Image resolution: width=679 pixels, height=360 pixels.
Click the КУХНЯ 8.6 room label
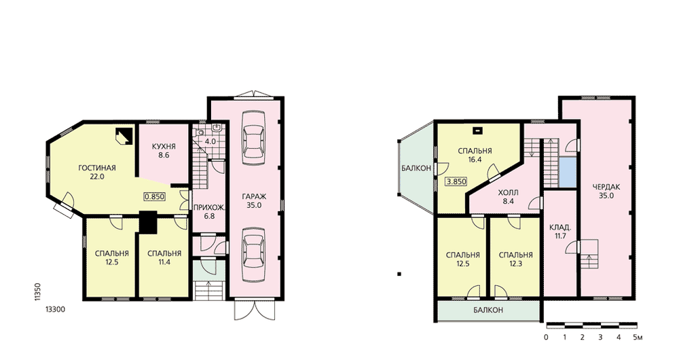pyautogui.click(x=164, y=150)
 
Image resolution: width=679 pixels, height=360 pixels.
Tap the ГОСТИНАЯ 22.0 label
pyautogui.click(x=97, y=172)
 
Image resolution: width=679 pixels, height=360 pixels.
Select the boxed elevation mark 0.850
pyautogui.click(x=155, y=196)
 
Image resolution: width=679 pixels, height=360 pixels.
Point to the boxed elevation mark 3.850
pyautogui.click(x=456, y=181)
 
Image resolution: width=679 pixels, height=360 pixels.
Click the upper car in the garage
pyautogui.click(x=253, y=138)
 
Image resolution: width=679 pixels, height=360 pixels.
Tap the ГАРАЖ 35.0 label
pyautogui.click(x=254, y=201)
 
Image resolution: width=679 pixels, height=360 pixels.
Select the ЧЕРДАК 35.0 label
pyautogui.click(x=606, y=191)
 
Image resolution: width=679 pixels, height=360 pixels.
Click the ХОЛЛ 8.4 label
pyautogui.click(x=509, y=197)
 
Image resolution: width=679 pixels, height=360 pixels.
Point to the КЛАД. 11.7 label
pyautogui.click(x=560, y=232)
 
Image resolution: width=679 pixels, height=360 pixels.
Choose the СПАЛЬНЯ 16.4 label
pyautogui.click(x=475, y=155)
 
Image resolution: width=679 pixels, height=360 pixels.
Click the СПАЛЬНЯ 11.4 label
pyautogui.click(x=164, y=257)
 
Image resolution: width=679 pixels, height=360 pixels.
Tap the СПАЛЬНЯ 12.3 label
pyautogui.click(x=516, y=259)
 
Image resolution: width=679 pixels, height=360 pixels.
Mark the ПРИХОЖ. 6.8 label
pyautogui.click(x=209, y=211)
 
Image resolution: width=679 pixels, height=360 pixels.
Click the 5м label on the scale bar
pyautogui.click(x=638, y=337)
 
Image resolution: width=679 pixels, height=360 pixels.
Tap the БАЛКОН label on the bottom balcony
pyautogui.click(x=488, y=310)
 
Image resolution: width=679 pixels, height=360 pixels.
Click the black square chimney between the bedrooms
pyautogui.click(x=148, y=222)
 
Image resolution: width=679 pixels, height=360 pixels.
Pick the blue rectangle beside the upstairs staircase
pyautogui.click(x=568, y=173)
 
